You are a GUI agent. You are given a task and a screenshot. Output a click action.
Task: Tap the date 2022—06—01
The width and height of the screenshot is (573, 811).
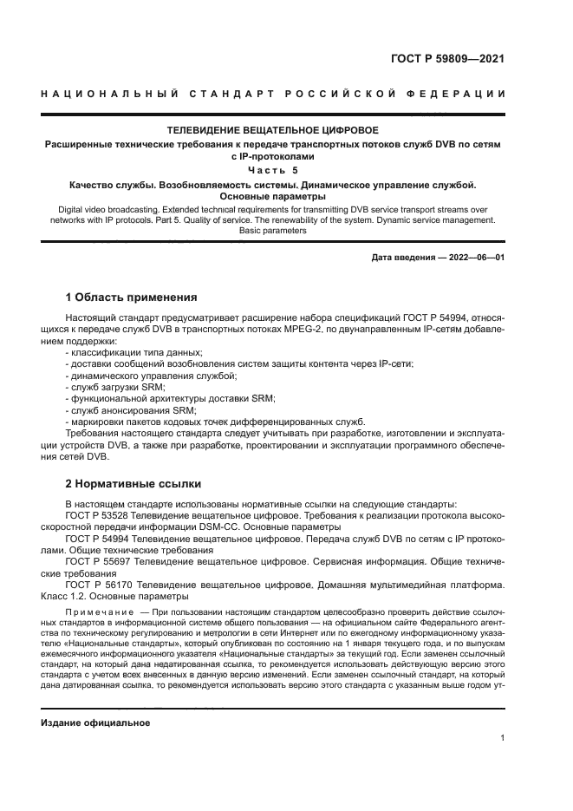(x=474, y=258)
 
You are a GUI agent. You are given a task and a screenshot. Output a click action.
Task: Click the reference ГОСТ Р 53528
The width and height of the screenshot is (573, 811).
(x=97, y=514)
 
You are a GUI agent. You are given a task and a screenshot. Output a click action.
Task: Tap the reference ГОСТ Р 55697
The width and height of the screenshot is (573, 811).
(x=97, y=561)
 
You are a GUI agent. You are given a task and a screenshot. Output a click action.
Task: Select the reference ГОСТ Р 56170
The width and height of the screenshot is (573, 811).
(x=97, y=585)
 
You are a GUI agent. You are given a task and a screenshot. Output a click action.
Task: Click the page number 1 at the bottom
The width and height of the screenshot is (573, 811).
(x=502, y=738)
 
